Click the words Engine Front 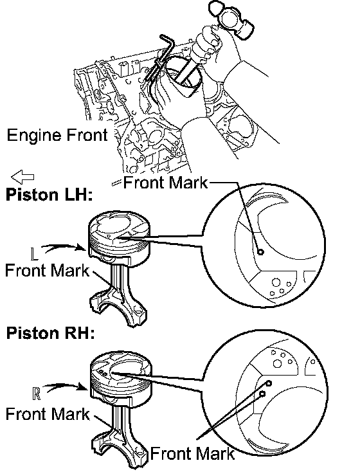pos(57,135)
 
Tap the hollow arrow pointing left pos(22,177)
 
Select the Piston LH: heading pos(49,194)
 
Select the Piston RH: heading pos(50,333)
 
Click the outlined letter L pos(35,253)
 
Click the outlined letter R pos(36,394)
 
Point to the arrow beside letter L pos(63,247)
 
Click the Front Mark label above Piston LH pos(165,183)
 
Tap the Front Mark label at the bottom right pos(192,453)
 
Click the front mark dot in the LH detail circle pos(260,251)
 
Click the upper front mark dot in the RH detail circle pos(269,383)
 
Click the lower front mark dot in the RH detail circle pos(262,394)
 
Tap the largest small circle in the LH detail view pos(276,282)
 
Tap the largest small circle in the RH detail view pos(277,363)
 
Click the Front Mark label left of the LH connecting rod pos(48,270)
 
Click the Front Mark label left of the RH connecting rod pos(48,414)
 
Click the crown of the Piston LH pos(119,226)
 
